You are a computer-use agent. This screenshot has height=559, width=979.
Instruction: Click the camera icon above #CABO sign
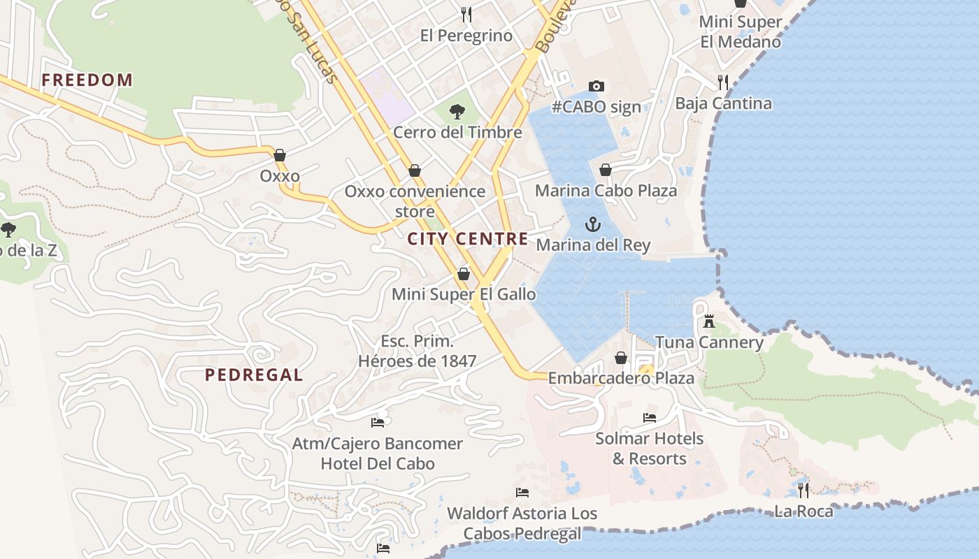(x=596, y=86)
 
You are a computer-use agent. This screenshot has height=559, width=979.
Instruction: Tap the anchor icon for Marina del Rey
(x=593, y=224)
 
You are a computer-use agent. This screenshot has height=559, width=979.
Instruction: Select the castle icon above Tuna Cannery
(x=709, y=321)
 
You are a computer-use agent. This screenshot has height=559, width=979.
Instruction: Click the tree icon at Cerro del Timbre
(x=457, y=111)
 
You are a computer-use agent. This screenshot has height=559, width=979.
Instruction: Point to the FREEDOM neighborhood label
(x=87, y=80)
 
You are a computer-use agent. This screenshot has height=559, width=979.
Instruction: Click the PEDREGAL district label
(x=254, y=375)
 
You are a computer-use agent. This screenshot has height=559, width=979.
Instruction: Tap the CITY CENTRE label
(x=468, y=239)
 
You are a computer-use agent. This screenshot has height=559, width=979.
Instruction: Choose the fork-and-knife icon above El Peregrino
(x=466, y=14)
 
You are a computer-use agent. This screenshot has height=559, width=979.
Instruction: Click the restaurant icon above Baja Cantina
(x=723, y=82)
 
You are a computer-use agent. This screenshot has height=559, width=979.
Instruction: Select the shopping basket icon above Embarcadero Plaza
(x=620, y=358)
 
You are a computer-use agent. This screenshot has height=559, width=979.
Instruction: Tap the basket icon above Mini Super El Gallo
(x=463, y=274)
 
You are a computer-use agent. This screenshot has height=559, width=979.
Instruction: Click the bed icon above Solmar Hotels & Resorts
(x=650, y=418)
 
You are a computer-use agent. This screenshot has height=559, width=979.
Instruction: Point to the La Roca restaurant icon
(x=803, y=491)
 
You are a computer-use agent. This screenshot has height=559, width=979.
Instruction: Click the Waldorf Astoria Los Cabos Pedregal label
(x=522, y=523)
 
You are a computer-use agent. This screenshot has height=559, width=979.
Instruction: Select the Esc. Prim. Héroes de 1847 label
(x=417, y=351)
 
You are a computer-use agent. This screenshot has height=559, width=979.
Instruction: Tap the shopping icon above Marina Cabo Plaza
(x=606, y=170)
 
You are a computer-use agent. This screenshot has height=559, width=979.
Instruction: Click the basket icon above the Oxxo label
(x=280, y=155)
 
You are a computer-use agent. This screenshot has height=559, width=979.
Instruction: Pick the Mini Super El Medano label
(x=741, y=31)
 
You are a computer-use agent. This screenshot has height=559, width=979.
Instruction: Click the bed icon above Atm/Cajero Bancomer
(x=378, y=422)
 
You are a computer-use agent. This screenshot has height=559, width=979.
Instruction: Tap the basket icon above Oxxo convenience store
(x=415, y=170)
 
